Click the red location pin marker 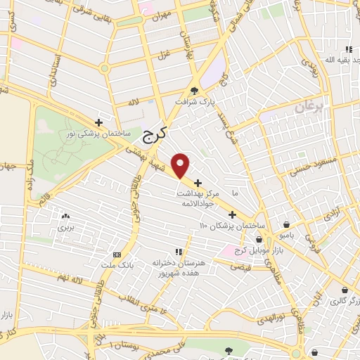(181, 165)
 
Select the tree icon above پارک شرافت (194, 90)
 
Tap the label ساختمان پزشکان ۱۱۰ (232, 226)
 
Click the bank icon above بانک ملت (117, 255)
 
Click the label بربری (65, 228)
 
